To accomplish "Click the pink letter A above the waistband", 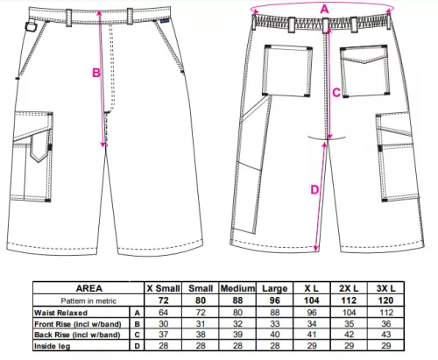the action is [x=324, y=10].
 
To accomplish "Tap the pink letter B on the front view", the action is [x=96, y=73].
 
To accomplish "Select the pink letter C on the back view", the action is [x=336, y=93].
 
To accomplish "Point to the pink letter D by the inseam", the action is [x=314, y=190].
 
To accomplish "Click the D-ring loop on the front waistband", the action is [x=30, y=27].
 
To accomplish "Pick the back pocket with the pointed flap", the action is [x=365, y=71].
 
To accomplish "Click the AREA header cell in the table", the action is [x=89, y=288].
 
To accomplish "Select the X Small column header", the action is [x=163, y=288].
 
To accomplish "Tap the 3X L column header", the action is [x=385, y=288].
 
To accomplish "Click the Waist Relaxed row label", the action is [x=60, y=313].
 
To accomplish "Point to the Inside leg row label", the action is [x=53, y=346].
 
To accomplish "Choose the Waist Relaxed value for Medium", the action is [x=237, y=313].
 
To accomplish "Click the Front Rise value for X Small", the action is [x=164, y=324].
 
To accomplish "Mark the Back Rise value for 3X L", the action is [x=386, y=335].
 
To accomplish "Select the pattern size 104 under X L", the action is [x=312, y=300].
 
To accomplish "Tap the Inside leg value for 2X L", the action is [x=349, y=346].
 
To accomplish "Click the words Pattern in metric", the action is [x=88, y=300].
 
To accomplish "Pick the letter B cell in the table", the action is [x=137, y=324].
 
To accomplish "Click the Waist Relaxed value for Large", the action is [x=275, y=313].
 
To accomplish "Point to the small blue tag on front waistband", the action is [x=165, y=21].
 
